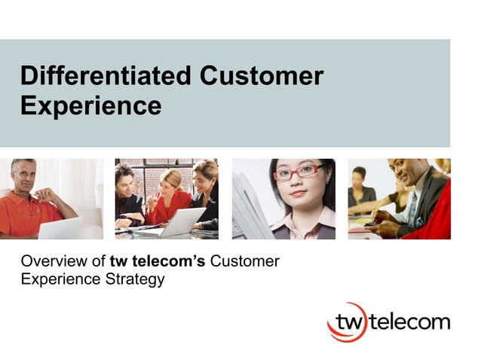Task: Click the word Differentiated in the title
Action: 105,76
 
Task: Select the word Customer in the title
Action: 262,76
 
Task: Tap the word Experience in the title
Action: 90,105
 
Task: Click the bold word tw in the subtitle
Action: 118,261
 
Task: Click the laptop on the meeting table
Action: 181,221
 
